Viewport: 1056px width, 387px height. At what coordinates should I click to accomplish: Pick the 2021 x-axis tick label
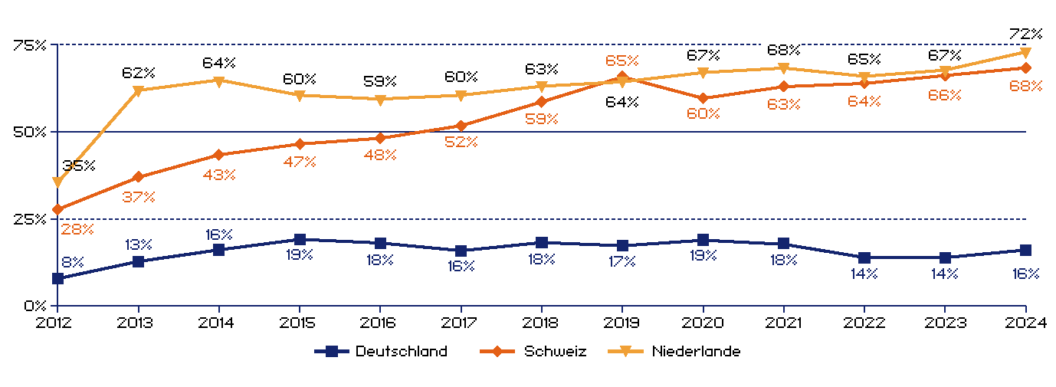pyautogui.click(x=783, y=323)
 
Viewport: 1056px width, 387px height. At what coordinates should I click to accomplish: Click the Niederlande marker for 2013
pyautogui.click(x=139, y=90)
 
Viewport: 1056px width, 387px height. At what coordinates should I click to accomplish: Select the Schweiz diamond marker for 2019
pyautogui.click(x=622, y=77)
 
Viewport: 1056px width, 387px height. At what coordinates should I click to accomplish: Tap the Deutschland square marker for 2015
pyautogui.click(x=300, y=240)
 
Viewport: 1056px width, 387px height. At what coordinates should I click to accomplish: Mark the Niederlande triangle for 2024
pyautogui.click(x=1025, y=52)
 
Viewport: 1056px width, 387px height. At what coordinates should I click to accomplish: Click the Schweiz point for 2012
pyautogui.click(x=57, y=208)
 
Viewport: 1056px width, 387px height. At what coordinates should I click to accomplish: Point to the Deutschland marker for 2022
pyautogui.click(x=864, y=257)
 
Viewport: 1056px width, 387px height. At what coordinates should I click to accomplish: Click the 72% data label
pyautogui.click(x=1025, y=34)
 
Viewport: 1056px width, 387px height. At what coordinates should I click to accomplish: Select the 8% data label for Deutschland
pyautogui.click(x=72, y=262)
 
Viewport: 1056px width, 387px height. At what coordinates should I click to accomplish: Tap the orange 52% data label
pyautogui.click(x=461, y=142)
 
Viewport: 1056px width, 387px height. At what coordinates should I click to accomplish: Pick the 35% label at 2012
pyautogui.click(x=78, y=166)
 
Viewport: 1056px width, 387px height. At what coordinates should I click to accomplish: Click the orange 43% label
pyautogui.click(x=219, y=175)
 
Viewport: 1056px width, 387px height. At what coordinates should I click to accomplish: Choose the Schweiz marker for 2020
pyautogui.click(x=703, y=98)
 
